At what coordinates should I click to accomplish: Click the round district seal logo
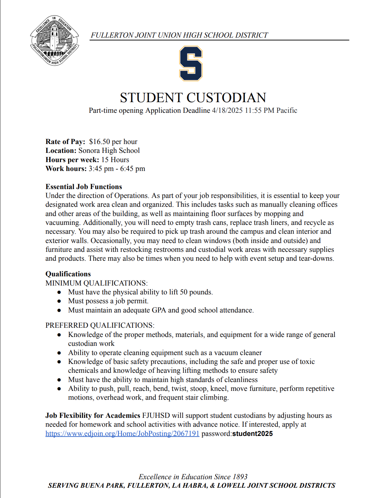click(54, 40)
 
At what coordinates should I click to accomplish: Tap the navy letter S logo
click(191, 64)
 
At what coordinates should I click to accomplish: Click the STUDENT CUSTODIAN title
click(193, 98)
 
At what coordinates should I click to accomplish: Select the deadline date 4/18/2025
click(227, 111)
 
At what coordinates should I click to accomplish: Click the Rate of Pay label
click(65, 142)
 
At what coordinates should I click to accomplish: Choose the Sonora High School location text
click(109, 151)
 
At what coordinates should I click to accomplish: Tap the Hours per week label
click(72, 160)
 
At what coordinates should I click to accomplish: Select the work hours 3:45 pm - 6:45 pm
click(117, 169)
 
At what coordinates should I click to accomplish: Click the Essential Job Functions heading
click(84, 187)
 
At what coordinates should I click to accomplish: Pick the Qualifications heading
click(68, 274)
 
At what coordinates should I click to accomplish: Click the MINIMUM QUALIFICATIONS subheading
click(96, 283)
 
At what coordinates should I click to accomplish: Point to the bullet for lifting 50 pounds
click(59, 293)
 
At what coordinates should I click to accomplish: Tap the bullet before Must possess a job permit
click(59, 301)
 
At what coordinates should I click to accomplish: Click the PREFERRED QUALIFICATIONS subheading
click(100, 326)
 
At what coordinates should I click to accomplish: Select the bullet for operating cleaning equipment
click(59, 353)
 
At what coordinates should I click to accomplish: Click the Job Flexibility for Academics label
click(93, 416)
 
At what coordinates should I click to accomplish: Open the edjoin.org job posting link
click(122, 434)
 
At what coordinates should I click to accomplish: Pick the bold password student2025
click(252, 434)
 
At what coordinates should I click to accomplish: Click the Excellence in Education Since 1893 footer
click(193, 477)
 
